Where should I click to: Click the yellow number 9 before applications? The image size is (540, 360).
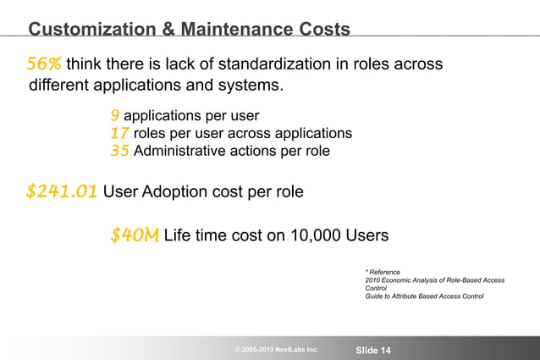pyautogui.click(x=114, y=115)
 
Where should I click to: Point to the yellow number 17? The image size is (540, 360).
pyautogui.click(x=119, y=134)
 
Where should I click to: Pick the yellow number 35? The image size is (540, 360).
pyautogui.click(x=120, y=152)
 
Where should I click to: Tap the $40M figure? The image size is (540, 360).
pyautogui.click(x=134, y=235)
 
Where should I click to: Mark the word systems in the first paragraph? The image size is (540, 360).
pyautogui.click(x=250, y=86)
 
